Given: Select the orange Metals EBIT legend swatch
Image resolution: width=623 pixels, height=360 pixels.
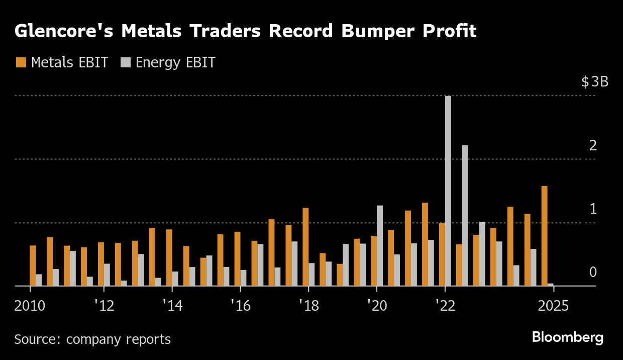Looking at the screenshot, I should (21, 63).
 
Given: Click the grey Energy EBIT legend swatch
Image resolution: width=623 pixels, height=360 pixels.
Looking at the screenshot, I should (126, 63).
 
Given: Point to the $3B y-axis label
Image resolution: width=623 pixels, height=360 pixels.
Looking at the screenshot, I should (594, 82).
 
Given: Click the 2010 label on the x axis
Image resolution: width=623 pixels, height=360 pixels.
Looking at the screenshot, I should (31, 306).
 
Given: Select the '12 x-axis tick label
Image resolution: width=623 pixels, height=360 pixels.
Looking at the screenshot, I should (103, 306).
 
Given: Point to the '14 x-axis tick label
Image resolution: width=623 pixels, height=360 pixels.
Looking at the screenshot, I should (172, 306).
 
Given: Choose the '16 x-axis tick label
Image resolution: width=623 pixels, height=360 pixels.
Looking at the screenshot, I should (240, 306).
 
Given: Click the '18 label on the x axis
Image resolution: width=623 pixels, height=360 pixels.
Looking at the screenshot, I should (308, 306).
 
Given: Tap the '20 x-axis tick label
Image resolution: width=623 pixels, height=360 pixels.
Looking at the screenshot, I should (377, 306).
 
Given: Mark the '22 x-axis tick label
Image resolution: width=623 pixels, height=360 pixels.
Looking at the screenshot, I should (445, 306).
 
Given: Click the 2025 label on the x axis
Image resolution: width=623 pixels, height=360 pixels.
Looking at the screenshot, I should (553, 306).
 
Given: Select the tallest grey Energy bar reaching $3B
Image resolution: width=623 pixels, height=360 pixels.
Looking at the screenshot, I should (448, 191).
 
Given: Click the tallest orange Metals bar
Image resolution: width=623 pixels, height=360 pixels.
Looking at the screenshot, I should (544, 236).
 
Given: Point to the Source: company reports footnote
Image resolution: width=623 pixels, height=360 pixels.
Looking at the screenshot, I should (92, 339).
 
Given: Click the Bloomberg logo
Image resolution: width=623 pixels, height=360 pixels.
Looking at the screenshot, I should (567, 337).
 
